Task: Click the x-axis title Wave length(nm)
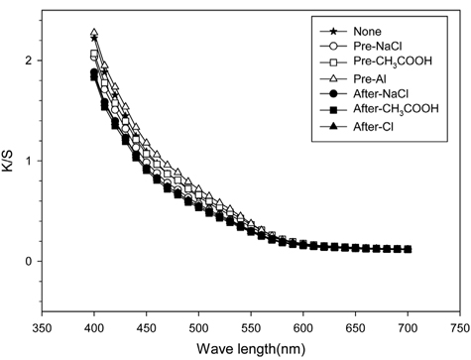point(250,348)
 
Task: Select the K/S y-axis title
point(13,163)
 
